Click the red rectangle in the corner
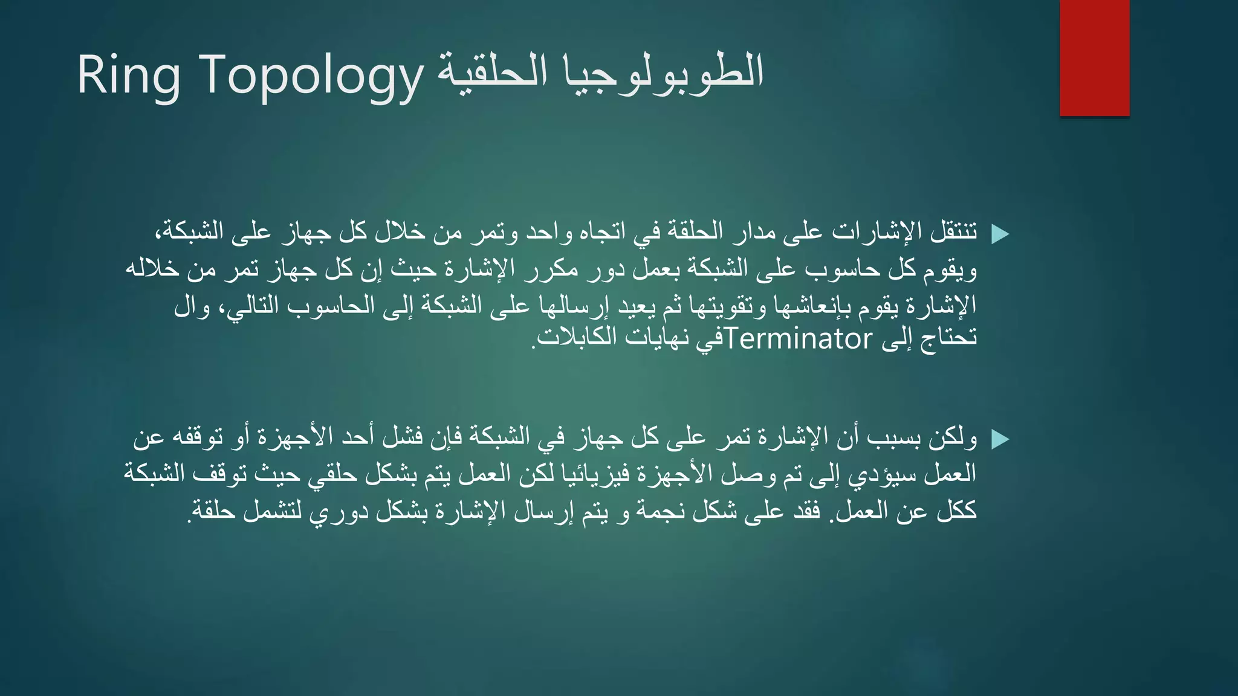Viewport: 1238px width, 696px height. pos(1094,58)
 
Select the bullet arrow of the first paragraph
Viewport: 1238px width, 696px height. pos(1000,234)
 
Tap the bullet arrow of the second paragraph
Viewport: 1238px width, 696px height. pos(1000,439)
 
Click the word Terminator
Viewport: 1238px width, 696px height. pos(799,340)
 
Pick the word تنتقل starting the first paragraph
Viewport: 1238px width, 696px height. pos(954,231)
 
